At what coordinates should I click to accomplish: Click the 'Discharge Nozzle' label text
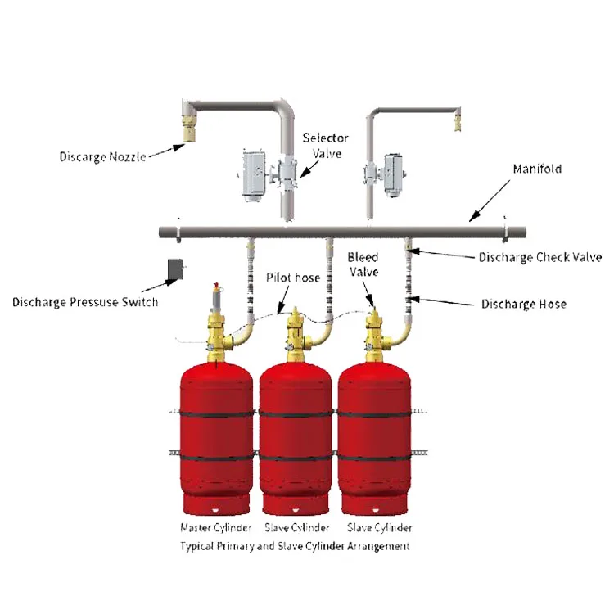[x=102, y=156]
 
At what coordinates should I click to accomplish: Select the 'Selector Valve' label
[x=325, y=147]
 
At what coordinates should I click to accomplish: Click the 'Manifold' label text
[x=536, y=169]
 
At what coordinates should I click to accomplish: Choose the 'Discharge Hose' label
[x=523, y=304]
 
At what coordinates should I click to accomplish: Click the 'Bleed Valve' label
[x=363, y=264]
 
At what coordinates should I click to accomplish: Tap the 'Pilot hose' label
[x=293, y=278]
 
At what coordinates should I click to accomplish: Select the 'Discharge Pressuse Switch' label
[x=85, y=302]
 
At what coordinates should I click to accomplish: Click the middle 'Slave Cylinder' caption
[x=297, y=528]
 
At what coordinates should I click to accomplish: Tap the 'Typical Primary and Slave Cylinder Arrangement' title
[x=295, y=545]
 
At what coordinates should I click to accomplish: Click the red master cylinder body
[x=216, y=434]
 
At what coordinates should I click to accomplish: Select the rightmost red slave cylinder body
[x=376, y=434]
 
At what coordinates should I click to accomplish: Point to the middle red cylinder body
[x=296, y=434]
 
